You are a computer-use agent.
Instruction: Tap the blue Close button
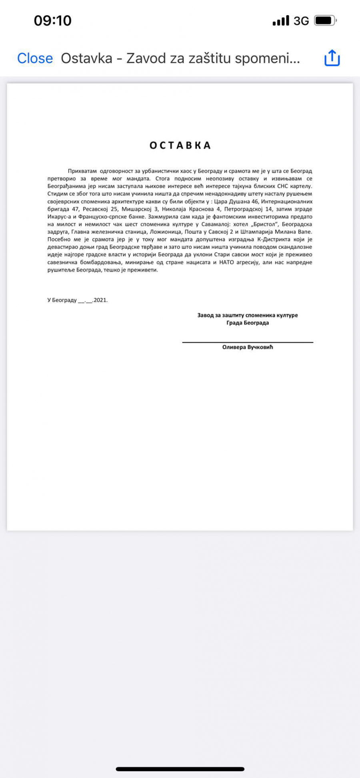(35, 58)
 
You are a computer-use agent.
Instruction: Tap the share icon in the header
(332, 58)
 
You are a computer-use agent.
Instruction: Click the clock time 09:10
(52, 20)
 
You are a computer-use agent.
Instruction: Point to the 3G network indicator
(301, 21)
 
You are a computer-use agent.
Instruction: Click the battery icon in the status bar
(325, 20)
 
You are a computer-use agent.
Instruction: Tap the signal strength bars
(280, 21)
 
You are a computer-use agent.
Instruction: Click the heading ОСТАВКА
(180, 145)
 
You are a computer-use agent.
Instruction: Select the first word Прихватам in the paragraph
(82, 171)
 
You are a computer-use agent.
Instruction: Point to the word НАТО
(226, 262)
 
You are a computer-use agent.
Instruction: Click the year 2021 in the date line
(100, 300)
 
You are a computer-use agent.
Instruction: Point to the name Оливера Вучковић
(248, 347)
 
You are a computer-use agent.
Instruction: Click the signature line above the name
(248, 342)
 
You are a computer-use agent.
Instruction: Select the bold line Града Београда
(248, 323)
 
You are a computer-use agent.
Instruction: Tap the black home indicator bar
(180, 769)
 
